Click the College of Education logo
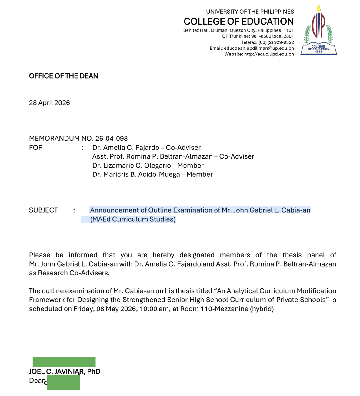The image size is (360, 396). [x=318, y=30]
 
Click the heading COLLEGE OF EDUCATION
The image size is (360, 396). [x=238, y=22]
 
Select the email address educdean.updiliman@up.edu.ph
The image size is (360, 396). [x=259, y=48]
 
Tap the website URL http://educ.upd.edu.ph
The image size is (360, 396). [x=269, y=54]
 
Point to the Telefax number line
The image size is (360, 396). [x=267, y=42]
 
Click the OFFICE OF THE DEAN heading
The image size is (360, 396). [x=63, y=76]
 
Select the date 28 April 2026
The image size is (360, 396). [x=49, y=103]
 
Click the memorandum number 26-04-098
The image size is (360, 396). [x=111, y=139]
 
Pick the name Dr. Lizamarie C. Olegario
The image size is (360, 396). [x=132, y=166]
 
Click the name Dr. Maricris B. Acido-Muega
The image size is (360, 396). [x=136, y=175]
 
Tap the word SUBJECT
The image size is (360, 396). [x=43, y=210]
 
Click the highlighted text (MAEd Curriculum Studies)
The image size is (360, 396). [x=133, y=219]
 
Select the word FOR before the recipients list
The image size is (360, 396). [x=36, y=148]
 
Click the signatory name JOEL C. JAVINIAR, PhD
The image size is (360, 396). [x=65, y=371]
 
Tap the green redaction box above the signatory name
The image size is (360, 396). [x=64, y=362]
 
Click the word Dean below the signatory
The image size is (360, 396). [x=37, y=381]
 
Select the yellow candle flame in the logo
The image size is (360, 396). [x=318, y=8]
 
